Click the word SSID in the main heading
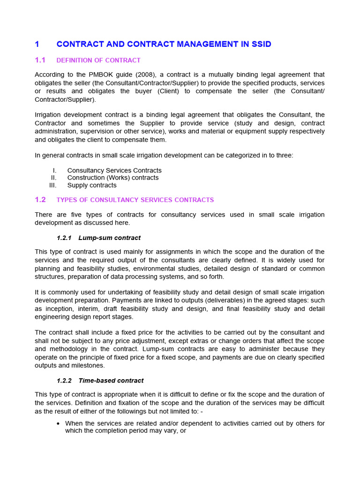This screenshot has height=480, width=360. [x=260, y=44]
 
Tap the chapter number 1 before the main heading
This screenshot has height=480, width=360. [x=37, y=44]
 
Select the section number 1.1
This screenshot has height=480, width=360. [x=40, y=60]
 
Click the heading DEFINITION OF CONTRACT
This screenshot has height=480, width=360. [x=98, y=60]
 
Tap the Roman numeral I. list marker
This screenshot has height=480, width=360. [x=54, y=171]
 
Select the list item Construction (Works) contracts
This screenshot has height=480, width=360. [x=113, y=178]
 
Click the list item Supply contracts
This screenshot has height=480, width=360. [x=92, y=185]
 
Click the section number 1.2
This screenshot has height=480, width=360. [x=40, y=200]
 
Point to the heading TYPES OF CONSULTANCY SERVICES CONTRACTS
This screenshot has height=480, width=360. [x=135, y=200]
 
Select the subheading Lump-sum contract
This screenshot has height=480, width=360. [x=110, y=238]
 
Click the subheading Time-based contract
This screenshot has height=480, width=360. [x=111, y=381]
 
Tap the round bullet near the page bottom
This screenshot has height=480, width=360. [x=58, y=424]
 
